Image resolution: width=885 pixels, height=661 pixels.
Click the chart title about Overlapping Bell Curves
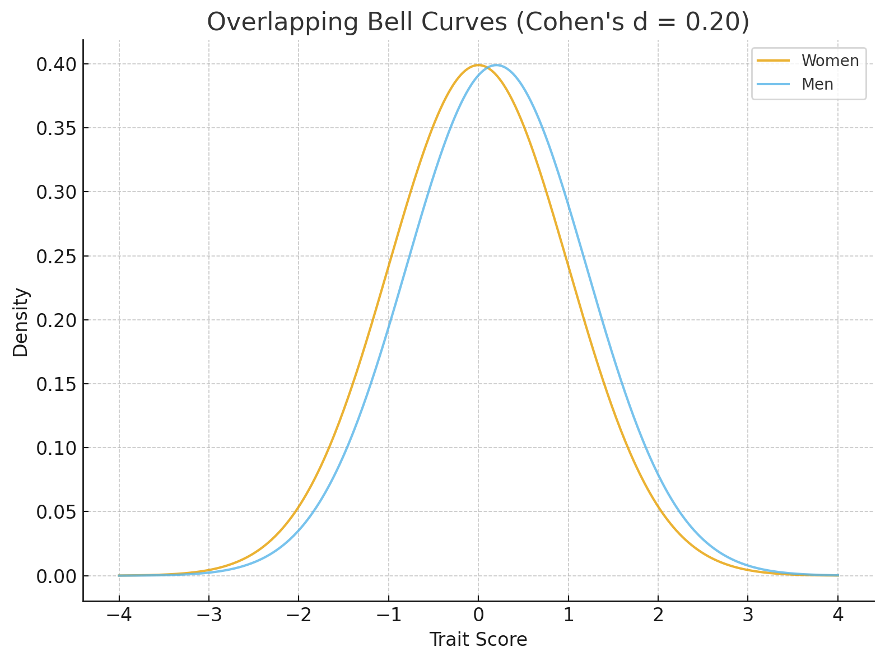click(478, 23)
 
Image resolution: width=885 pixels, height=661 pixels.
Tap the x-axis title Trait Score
click(478, 639)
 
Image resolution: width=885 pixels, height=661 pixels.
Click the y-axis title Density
click(21, 322)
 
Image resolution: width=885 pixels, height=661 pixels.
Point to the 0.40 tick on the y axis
click(55, 64)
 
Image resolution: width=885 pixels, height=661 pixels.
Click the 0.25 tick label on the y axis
click(55, 257)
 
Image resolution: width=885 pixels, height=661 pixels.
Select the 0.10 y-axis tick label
click(55, 448)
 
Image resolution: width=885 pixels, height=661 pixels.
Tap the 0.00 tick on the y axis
click(55, 576)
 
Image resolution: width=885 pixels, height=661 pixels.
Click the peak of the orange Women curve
click(478, 65)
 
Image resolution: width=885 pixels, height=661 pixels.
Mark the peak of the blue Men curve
click(496, 65)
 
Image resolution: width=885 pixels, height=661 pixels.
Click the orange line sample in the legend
click(773, 60)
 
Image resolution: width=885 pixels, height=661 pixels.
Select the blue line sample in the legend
click(773, 84)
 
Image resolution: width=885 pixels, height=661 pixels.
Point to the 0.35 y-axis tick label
click(55, 128)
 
